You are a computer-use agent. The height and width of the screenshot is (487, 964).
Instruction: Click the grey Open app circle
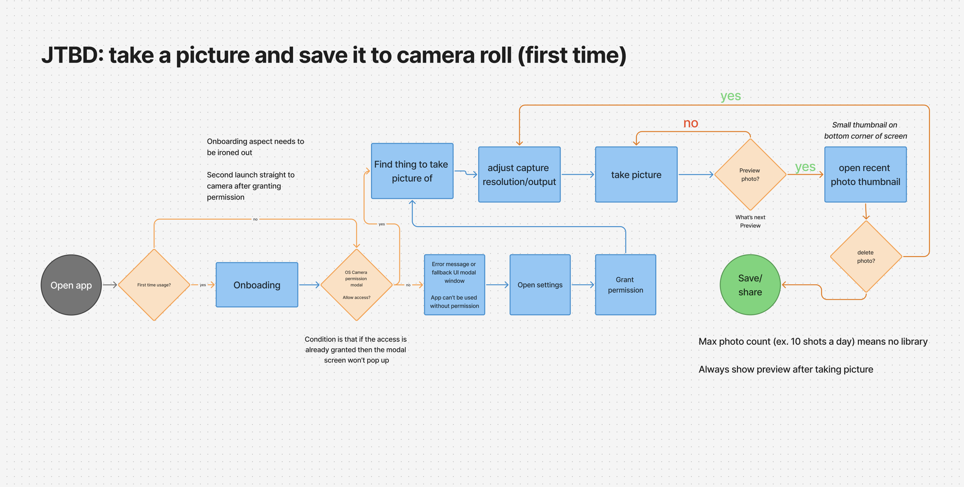click(x=71, y=285)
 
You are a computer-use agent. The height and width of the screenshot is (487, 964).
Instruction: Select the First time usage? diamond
click(x=154, y=285)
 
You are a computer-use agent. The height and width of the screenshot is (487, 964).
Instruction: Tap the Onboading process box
click(x=257, y=285)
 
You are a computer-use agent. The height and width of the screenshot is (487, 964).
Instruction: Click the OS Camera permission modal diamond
click(x=356, y=285)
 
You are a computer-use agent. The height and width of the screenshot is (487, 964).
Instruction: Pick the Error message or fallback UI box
click(x=454, y=285)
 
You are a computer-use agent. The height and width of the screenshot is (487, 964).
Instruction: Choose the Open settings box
click(x=540, y=285)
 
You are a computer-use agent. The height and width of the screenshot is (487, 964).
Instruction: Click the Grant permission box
click(x=625, y=285)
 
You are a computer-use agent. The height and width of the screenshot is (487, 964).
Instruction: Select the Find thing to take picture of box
click(x=412, y=171)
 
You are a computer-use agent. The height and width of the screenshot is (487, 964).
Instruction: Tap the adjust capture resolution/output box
click(x=519, y=175)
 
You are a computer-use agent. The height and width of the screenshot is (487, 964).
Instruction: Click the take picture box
click(x=636, y=175)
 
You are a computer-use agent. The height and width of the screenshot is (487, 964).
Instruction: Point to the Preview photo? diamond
click(x=750, y=175)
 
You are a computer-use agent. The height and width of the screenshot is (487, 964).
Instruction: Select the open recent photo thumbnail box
click(x=865, y=175)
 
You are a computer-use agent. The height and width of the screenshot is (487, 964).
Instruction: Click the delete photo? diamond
click(x=866, y=257)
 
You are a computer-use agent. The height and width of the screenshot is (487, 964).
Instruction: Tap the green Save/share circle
click(x=750, y=285)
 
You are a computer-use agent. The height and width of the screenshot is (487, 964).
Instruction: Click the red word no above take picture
click(x=691, y=123)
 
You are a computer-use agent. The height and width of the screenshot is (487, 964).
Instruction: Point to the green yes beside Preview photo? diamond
click(x=805, y=167)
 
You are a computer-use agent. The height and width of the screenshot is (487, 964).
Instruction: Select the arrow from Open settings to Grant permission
click(x=583, y=285)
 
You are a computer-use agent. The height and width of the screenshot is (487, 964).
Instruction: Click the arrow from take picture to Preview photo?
click(x=696, y=175)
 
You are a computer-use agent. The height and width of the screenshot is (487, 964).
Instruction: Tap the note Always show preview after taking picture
click(x=785, y=369)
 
